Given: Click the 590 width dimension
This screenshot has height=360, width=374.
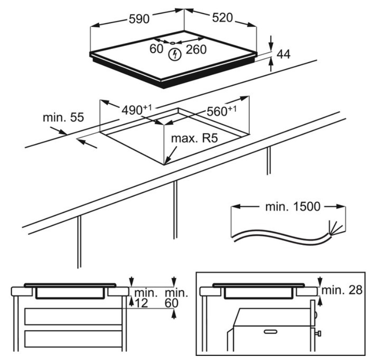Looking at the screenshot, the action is click(x=139, y=19).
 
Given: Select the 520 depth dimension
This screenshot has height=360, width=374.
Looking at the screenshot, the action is click(x=222, y=18).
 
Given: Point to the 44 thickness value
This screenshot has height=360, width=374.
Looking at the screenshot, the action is click(x=283, y=54).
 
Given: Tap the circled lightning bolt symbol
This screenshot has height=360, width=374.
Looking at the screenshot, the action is click(x=175, y=54).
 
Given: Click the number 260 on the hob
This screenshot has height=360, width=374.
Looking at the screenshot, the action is click(x=196, y=49).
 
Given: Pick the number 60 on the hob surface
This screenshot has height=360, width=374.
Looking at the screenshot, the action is click(x=156, y=49).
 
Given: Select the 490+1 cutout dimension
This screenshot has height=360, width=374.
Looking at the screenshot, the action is click(x=137, y=110).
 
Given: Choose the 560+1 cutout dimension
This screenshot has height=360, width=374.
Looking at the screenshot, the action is click(x=221, y=111).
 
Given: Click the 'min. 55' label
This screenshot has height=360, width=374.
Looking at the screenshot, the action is click(x=64, y=117).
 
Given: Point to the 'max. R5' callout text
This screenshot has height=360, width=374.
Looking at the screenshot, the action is click(x=195, y=138).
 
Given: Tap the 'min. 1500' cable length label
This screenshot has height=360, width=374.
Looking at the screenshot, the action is click(x=293, y=207).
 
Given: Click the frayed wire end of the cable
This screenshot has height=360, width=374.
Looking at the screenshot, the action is click(x=335, y=228).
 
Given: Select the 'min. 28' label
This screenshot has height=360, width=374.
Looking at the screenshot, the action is click(x=342, y=290).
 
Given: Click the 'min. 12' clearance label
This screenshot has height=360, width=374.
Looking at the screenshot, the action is click(x=146, y=298).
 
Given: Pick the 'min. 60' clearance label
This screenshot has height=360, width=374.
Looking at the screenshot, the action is click(x=176, y=298).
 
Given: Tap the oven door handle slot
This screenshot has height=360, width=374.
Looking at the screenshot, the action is click(x=271, y=331).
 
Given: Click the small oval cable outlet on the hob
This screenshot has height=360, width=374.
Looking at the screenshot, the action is click(x=172, y=43).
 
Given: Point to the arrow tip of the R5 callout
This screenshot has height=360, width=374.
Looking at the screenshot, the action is click(x=165, y=164).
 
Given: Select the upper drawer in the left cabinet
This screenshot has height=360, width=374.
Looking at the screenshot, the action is click(x=74, y=316).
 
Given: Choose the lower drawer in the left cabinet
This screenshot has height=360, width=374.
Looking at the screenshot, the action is click(x=74, y=339).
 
